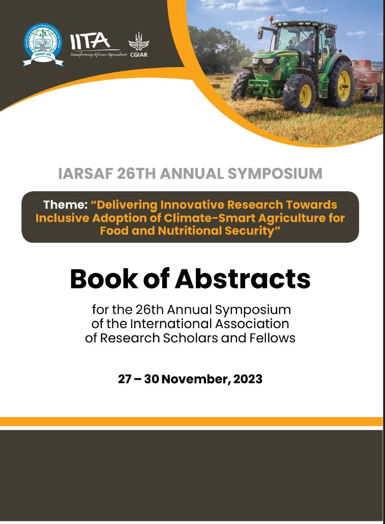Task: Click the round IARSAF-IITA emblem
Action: (x=44, y=44)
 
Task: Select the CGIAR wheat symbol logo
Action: (x=138, y=40)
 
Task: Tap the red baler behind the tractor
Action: (x=369, y=76)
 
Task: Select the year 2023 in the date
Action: (x=248, y=379)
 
